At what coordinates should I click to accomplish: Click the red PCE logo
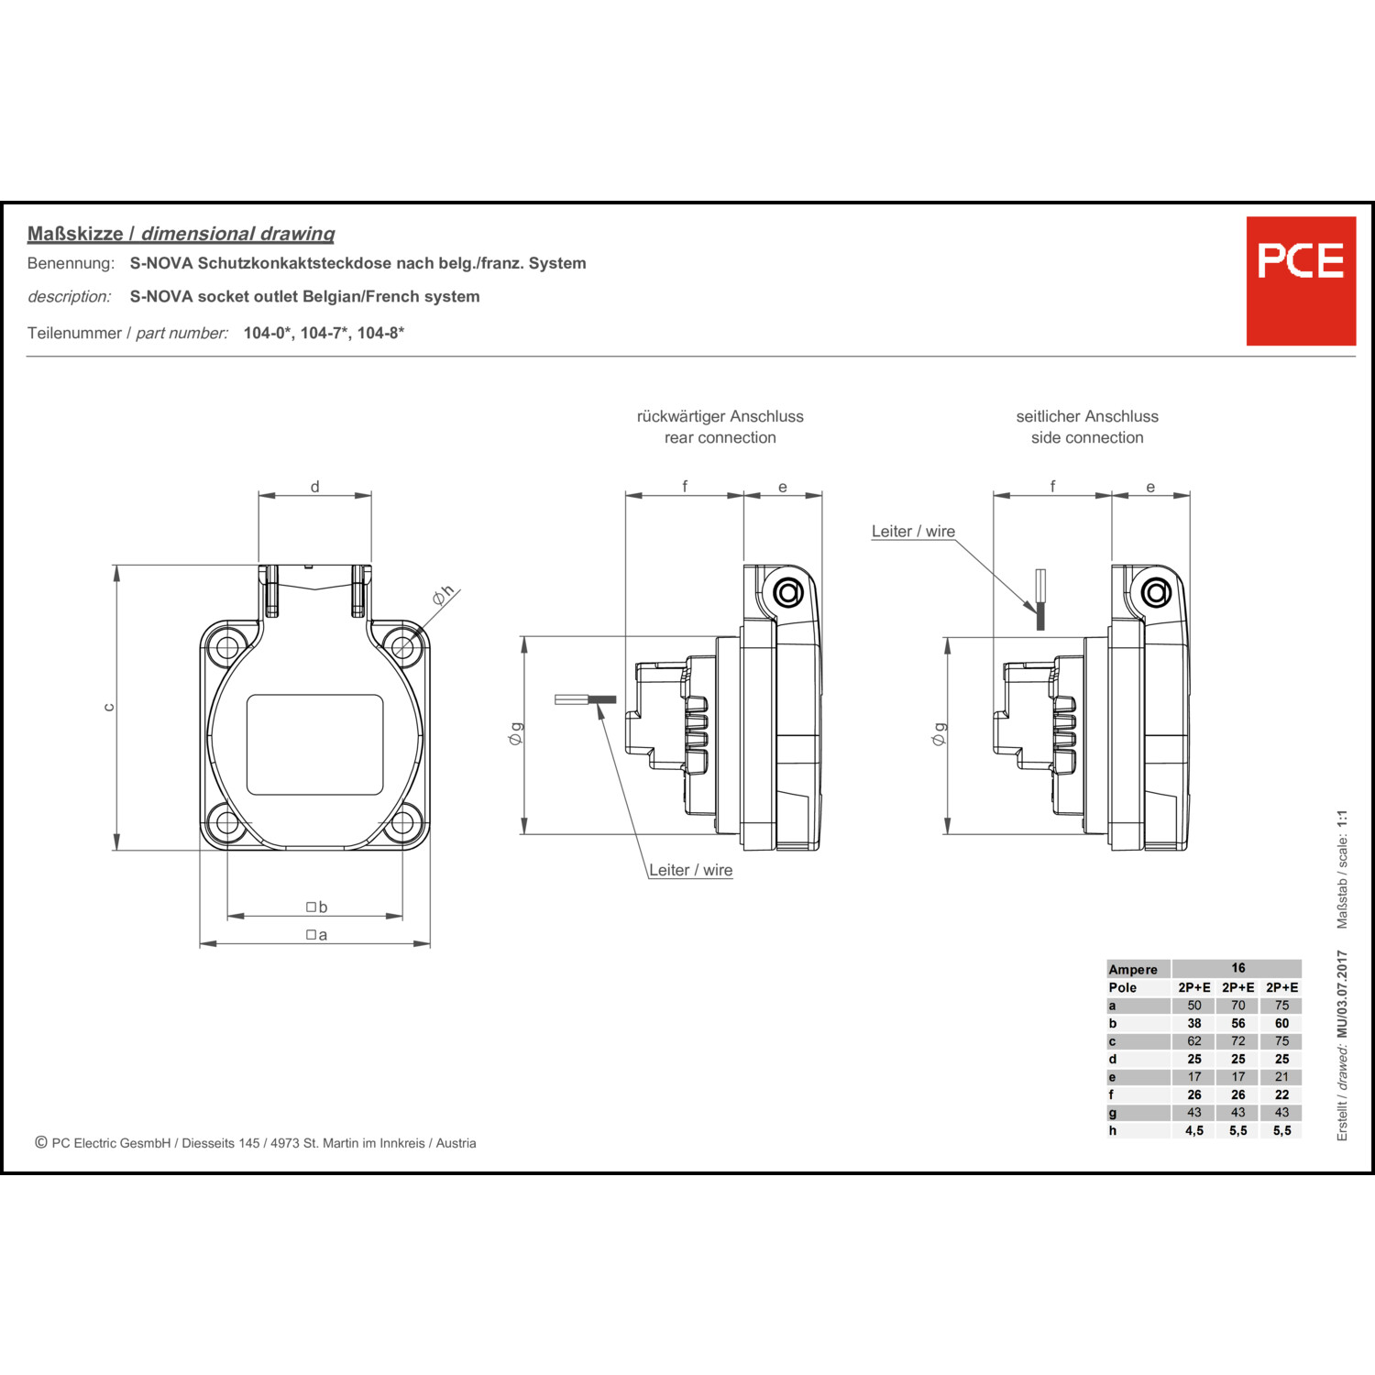(x=1301, y=280)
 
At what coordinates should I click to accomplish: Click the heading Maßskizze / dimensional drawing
(x=181, y=234)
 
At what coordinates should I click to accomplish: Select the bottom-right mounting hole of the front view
(x=402, y=823)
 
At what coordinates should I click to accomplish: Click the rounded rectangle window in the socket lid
(x=314, y=744)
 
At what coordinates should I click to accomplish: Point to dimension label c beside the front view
(x=109, y=707)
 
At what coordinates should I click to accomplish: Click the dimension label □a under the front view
(x=316, y=935)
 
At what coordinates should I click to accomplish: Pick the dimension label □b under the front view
(x=316, y=907)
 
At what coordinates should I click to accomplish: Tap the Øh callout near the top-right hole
(x=444, y=595)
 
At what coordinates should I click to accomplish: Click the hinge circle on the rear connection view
(x=788, y=593)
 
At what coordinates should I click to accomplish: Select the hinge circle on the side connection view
(x=1156, y=593)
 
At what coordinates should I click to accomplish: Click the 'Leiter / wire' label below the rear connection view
(x=691, y=870)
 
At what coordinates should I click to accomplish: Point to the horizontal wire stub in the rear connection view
(x=585, y=699)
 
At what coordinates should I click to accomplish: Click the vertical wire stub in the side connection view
(x=1040, y=599)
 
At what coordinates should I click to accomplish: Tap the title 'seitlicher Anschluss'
(x=1087, y=416)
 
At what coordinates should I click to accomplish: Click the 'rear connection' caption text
(x=720, y=438)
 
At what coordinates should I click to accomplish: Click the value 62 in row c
(x=1194, y=1041)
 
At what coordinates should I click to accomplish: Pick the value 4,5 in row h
(x=1194, y=1130)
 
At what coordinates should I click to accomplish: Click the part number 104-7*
(x=324, y=333)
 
